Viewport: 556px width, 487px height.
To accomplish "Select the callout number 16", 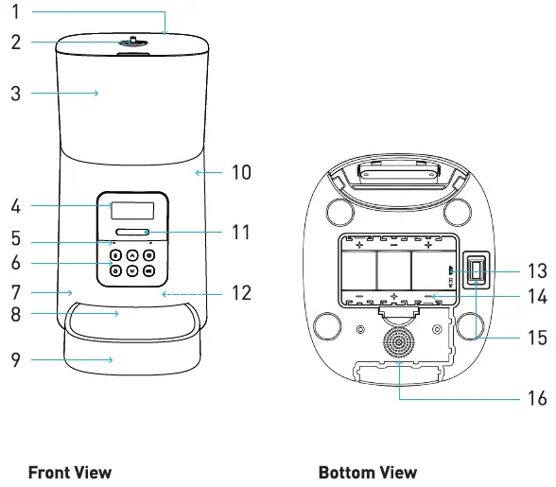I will tap(536, 398).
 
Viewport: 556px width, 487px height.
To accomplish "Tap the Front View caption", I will tap(70, 472).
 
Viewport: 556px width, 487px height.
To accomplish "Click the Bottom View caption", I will tap(367, 472).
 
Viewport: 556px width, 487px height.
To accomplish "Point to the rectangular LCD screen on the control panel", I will tap(131, 210).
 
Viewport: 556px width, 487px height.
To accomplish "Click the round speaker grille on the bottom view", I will tap(398, 341).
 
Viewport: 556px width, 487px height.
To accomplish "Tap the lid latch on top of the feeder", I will tap(131, 42).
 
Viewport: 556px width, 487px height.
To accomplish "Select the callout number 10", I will tap(241, 172).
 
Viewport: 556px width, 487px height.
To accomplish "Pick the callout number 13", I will tap(536, 270).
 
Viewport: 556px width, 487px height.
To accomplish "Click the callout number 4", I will tap(16, 204).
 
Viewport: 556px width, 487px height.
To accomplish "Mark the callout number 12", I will tap(241, 293).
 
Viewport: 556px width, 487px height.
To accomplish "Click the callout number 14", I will tap(536, 297).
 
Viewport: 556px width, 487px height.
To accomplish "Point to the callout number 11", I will tap(241, 231).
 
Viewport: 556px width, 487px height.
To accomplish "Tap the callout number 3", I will tap(16, 93).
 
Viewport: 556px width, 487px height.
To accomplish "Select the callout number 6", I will tap(16, 262).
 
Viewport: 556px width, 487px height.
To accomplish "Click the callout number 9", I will tap(16, 359).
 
